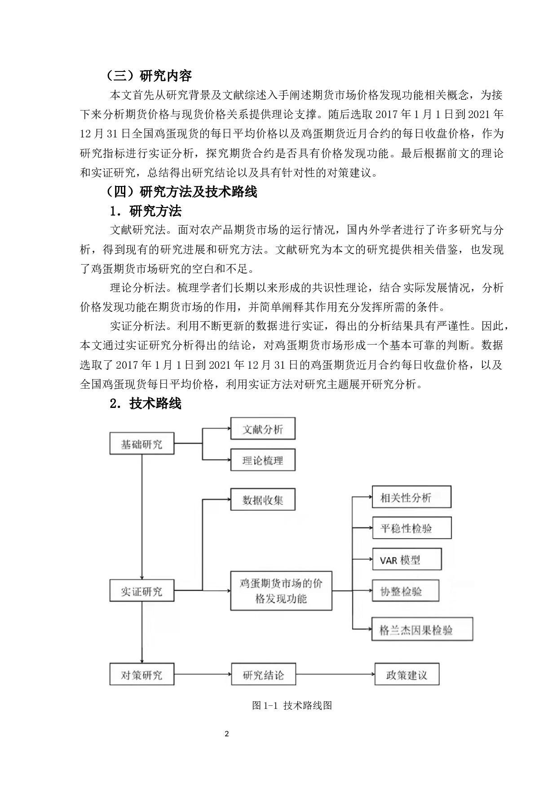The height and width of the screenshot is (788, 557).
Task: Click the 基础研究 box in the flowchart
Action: pyautogui.click(x=142, y=444)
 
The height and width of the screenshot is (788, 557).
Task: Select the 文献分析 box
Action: pyautogui.click(x=263, y=429)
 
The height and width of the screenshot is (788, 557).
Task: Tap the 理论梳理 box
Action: pyautogui.click(x=263, y=460)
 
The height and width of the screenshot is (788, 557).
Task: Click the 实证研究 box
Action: pyautogui.click(x=142, y=591)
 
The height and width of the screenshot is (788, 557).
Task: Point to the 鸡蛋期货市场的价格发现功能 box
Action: pyautogui.click(x=281, y=590)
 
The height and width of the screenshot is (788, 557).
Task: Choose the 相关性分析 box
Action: pyautogui.click(x=411, y=497)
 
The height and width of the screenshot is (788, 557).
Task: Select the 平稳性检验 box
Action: pyautogui.click(x=411, y=528)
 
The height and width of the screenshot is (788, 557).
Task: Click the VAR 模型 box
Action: pyautogui.click(x=407, y=559)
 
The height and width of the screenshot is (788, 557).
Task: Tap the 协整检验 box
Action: pyautogui.click(x=406, y=591)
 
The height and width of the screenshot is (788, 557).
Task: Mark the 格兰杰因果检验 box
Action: pyautogui.click(x=422, y=629)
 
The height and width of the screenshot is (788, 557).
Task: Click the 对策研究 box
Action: pyautogui.click(x=142, y=674)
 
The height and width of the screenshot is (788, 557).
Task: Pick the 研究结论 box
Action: pyautogui.click(x=263, y=674)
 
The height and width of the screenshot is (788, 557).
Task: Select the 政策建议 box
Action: pyautogui.click(x=407, y=674)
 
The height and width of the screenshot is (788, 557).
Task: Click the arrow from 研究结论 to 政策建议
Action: pyautogui.click(x=335, y=674)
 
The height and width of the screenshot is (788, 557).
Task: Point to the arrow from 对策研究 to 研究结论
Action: pyautogui.click(x=203, y=674)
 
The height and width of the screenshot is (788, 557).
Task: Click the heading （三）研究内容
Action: pyautogui.click(x=150, y=76)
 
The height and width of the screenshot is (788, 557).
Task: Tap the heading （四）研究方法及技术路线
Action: pyautogui.click(x=182, y=192)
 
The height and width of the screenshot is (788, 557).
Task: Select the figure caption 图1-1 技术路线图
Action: pyautogui.click(x=292, y=705)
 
